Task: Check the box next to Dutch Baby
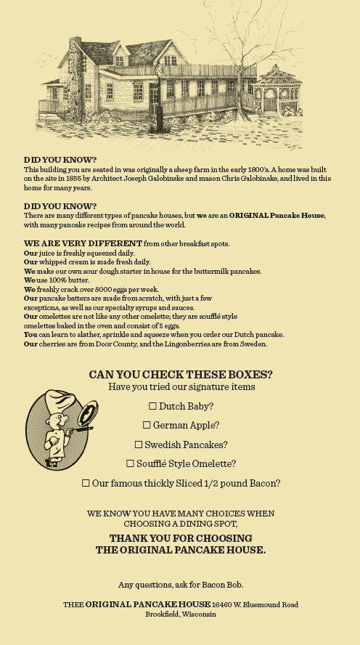coord(152,406)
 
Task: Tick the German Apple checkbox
coord(147,425)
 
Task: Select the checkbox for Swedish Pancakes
coord(139,445)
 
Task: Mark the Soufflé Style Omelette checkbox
coord(131,463)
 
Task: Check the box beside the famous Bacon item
coord(86,483)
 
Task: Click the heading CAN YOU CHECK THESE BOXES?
coord(181,375)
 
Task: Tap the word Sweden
coord(252,344)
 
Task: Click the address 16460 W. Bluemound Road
coord(255,604)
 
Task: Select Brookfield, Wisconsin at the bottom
coord(180,614)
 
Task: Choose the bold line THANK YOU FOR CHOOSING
coord(181,538)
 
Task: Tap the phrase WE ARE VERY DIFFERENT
coord(83,243)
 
